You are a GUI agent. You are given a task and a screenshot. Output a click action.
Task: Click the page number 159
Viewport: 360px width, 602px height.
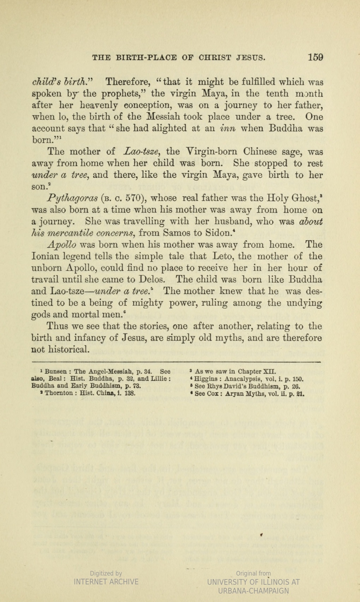[x=315, y=57]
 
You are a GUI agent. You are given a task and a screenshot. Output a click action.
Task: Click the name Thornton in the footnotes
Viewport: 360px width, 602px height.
[x=59, y=393]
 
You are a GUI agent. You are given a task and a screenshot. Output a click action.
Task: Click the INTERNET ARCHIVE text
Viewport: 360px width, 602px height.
[x=106, y=582]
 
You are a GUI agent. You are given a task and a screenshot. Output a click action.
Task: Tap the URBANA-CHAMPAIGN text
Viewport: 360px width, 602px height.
[x=253, y=591]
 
